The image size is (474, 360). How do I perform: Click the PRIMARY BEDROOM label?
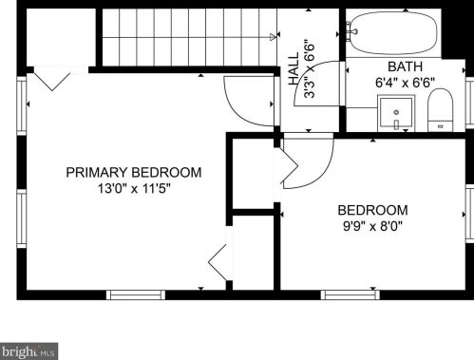pyautogui.click(x=134, y=173)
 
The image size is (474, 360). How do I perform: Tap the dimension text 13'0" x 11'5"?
pyautogui.click(x=134, y=189)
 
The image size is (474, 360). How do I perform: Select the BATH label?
pyautogui.click(x=405, y=66)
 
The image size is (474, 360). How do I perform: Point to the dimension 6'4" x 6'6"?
pyautogui.click(x=405, y=83)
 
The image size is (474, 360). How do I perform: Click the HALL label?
pyautogui.click(x=294, y=68)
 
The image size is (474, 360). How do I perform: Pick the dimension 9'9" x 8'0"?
pyautogui.click(x=372, y=226)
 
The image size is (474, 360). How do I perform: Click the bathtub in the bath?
pyautogui.click(x=394, y=32)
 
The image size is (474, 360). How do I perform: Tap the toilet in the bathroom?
pyautogui.click(x=440, y=110)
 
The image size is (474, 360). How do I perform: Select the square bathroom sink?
pyautogui.click(x=396, y=113)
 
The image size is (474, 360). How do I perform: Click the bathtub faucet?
pyautogui.click(x=351, y=31)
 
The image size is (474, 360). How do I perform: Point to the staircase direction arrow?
pyautogui.click(x=273, y=37)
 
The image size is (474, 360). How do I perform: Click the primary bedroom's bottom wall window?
pyautogui.click(x=136, y=294)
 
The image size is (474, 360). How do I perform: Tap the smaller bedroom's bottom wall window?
pyautogui.click(x=350, y=294)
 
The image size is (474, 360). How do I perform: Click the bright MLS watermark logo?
pyautogui.click(x=28, y=351)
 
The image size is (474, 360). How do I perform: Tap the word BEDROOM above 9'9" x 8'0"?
pyautogui.click(x=372, y=210)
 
